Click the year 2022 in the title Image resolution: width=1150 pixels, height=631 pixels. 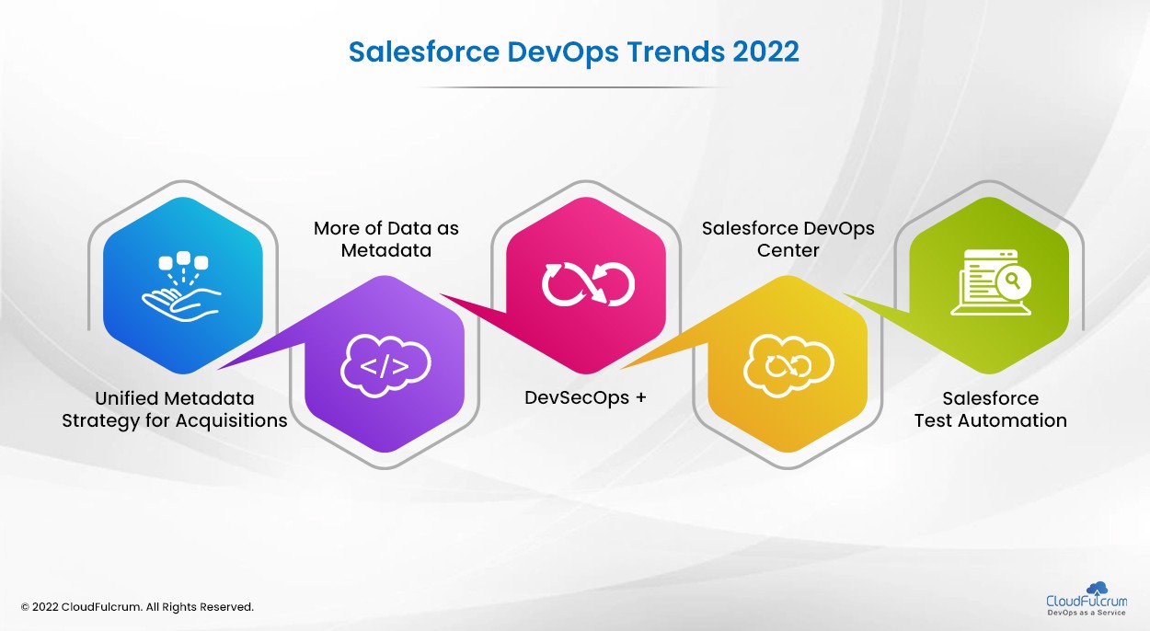[x=765, y=52]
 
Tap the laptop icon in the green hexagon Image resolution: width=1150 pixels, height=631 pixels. [x=990, y=281]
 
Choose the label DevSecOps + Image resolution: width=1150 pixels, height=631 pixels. [x=585, y=398]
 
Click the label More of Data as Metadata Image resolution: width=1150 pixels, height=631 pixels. [x=385, y=239]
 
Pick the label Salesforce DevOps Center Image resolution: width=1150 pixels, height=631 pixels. [x=788, y=239]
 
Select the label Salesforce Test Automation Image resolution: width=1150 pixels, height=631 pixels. [x=990, y=409]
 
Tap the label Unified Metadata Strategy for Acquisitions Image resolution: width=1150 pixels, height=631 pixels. [x=175, y=409]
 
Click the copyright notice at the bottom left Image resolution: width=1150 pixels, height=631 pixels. [x=137, y=607]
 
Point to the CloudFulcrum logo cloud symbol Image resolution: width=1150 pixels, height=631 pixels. [x=1097, y=588]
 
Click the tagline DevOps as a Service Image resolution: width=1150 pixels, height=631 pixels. [x=1087, y=614]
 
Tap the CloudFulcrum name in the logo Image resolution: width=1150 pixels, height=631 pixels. [x=1087, y=602]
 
